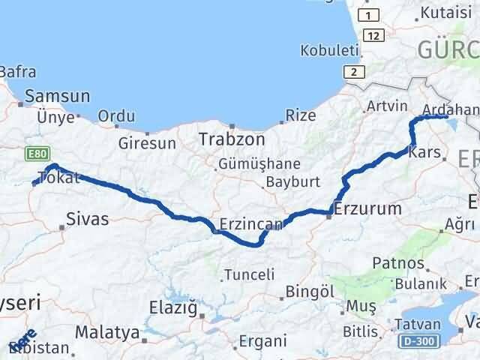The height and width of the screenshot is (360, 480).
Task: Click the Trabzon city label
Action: [232, 139]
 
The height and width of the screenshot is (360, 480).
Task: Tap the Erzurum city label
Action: [368, 208]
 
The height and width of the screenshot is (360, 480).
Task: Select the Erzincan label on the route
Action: [251, 223]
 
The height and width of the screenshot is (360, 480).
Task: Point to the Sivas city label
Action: [87, 219]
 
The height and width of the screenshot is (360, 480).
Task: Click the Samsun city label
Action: [57, 96]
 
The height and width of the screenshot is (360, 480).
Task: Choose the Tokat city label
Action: [60, 178]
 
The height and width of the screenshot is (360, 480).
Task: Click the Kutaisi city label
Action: [445, 13]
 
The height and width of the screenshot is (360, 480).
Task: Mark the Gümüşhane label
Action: [259, 164]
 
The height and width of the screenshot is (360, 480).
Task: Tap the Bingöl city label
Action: [310, 291]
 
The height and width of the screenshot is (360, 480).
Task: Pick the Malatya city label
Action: [107, 331]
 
